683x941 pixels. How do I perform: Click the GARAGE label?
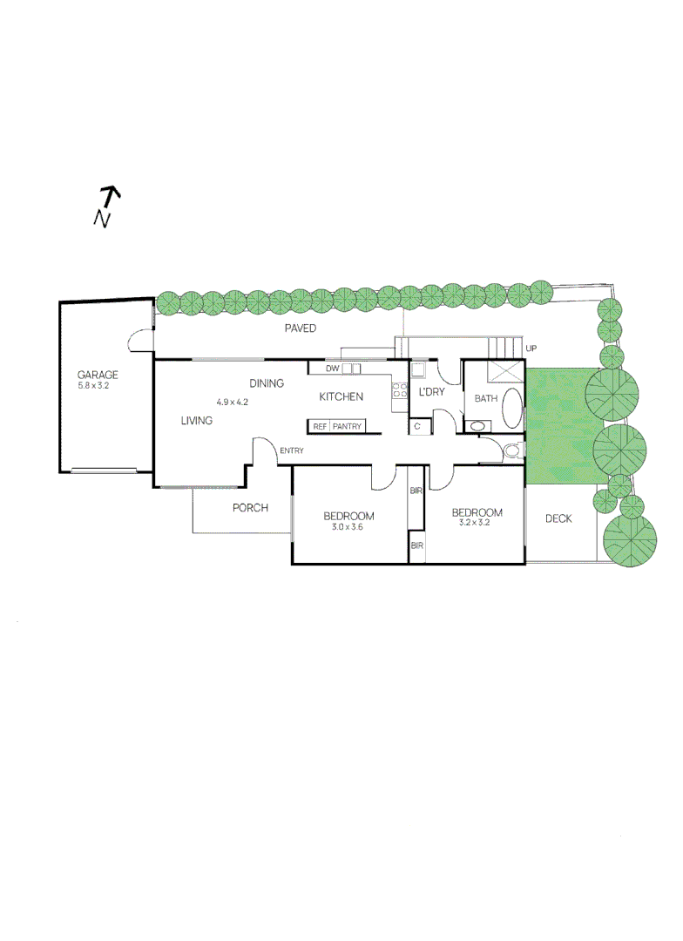(98, 375)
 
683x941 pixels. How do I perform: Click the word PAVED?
(301, 328)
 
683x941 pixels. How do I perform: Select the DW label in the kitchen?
(332, 369)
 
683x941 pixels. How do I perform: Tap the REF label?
(320, 427)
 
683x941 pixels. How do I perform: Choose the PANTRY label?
(347, 427)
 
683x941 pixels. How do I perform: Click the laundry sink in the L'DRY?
(418, 369)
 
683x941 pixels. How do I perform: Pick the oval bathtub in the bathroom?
(513, 408)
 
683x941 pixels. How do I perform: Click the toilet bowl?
(513, 450)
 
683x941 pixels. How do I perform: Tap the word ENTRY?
(292, 450)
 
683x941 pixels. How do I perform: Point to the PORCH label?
(250, 508)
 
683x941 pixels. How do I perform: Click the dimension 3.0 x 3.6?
(347, 526)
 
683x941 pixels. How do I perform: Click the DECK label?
(558, 519)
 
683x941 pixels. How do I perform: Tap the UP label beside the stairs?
(531, 349)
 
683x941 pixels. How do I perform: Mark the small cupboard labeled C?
(417, 426)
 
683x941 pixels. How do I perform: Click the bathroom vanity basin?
(477, 426)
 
